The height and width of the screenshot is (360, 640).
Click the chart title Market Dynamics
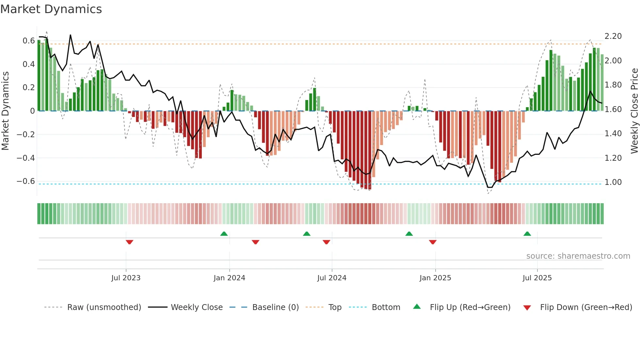click(x=51, y=9)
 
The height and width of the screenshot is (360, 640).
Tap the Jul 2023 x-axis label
click(x=126, y=278)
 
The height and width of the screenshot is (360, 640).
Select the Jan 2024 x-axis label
click(x=229, y=278)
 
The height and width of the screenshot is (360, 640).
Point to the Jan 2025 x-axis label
click(x=435, y=278)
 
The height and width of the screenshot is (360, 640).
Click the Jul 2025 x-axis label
click(x=537, y=278)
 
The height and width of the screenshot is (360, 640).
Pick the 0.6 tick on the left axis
click(x=29, y=41)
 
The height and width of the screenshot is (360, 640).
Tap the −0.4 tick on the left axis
click(x=26, y=158)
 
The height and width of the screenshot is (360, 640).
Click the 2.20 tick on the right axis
click(x=613, y=36)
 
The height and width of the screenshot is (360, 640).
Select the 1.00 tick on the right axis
click(x=613, y=182)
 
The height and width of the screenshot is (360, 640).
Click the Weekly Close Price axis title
click(x=634, y=111)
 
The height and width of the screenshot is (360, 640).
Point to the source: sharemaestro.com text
click(x=578, y=256)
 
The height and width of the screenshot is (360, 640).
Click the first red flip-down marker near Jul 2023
click(x=129, y=242)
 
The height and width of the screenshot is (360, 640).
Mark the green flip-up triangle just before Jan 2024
click(x=224, y=234)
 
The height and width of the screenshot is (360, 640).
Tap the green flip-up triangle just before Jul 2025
click(x=527, y=234)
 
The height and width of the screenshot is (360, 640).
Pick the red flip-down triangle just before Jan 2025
click(x=433, y=242)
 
